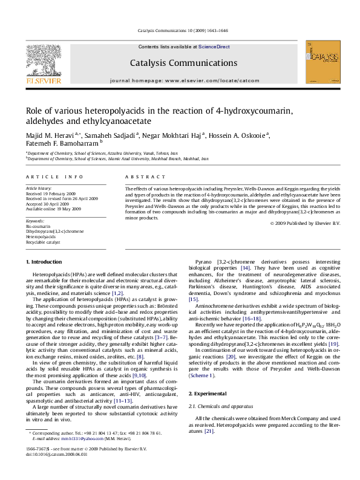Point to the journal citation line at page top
(180, 31)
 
